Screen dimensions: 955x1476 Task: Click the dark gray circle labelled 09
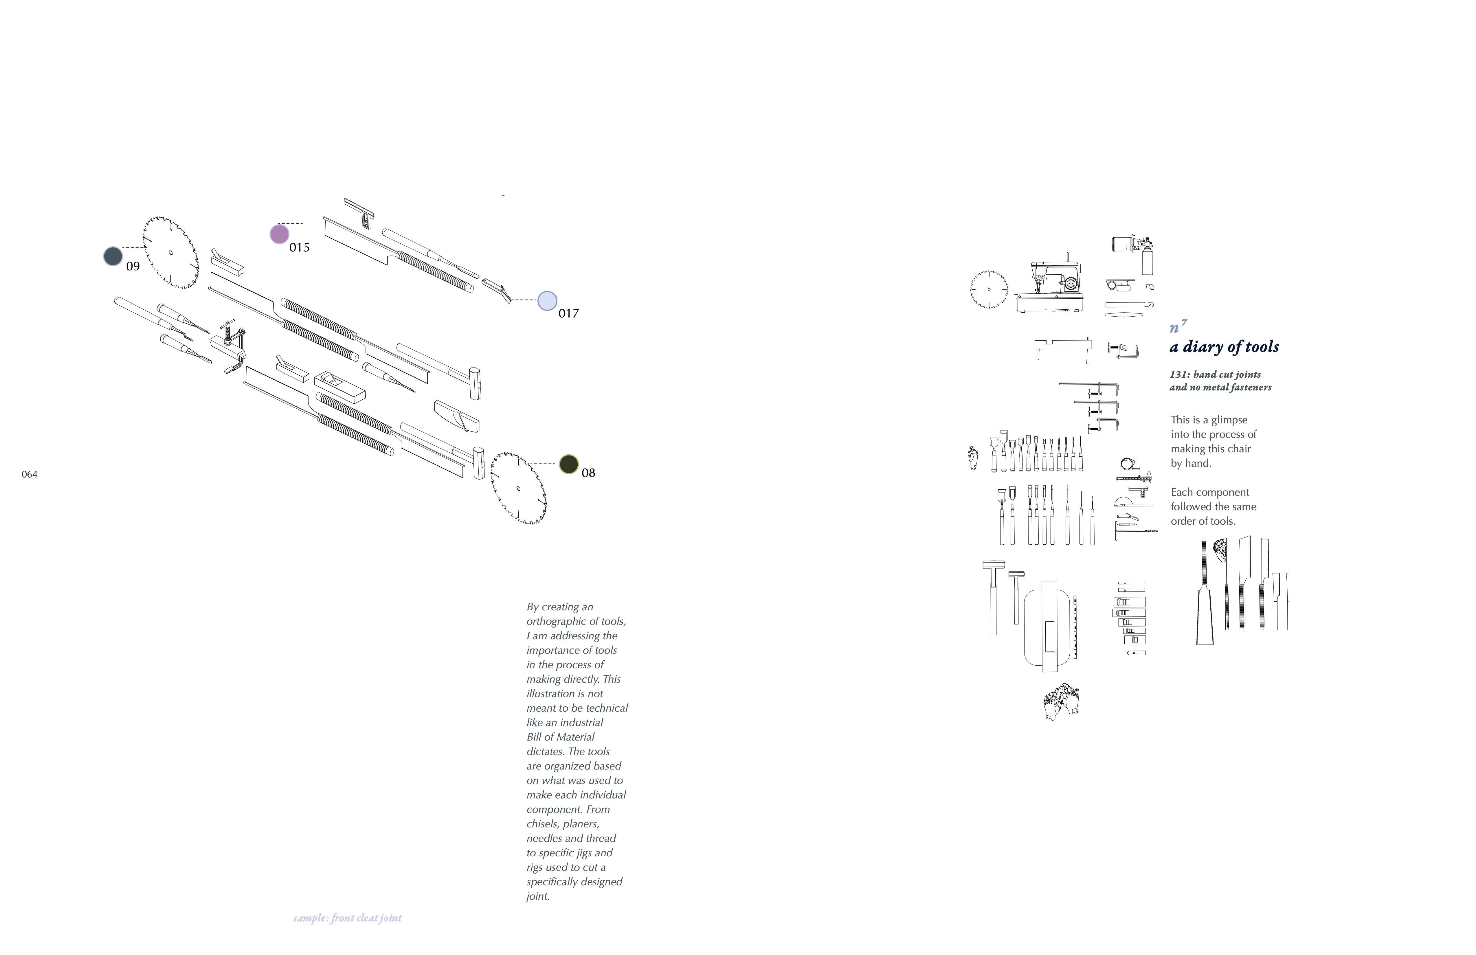[x=113, y=256]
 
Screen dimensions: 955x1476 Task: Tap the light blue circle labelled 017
[x=547, y=301]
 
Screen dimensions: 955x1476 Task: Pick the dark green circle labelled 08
[x=569, y=464]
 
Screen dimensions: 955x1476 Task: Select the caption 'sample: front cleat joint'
[x=347, y=918]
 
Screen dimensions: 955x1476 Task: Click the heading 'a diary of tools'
[x=1224, y=347]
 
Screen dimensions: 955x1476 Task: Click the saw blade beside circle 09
[x=170, y=252]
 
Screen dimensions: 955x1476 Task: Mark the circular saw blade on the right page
[x=989, y=289]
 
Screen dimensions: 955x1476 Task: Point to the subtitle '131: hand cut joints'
[x=1215, y=374]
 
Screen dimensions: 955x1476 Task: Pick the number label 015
[x=299, y=247]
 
